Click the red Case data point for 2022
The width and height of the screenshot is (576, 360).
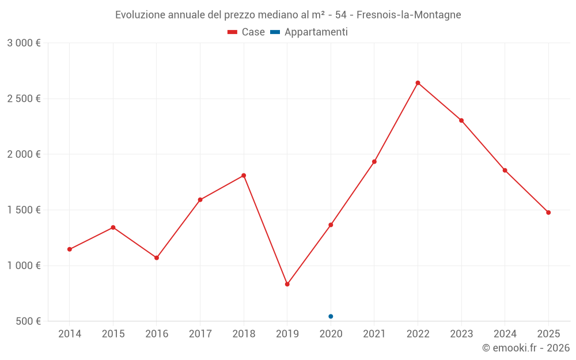pyautogui.click(x=418, y=83)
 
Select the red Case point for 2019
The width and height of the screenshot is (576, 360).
pyautogui.click(x=287, y=284)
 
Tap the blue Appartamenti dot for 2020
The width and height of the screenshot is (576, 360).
pyautogui.click(x=331, y=316)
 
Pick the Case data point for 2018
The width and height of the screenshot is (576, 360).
pyautogui.click(x=244, y=176)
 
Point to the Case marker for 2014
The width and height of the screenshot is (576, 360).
pyautogui.click(x=69, y=249)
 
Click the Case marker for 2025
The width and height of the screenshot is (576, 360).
pyautogui.click(x=548, y=213)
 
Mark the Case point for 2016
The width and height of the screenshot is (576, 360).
pyautogui.click(x=157, y=257)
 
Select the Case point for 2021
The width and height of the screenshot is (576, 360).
pyautogui.click(x=374, y=162)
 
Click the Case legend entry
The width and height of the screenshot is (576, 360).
pyautogui.click(x=247, y=32)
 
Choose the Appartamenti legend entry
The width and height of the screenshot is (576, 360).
pyautogui.click(x=309, y=32)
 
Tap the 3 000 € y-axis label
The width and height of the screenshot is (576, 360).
pyautogui.click(x=24, y=43)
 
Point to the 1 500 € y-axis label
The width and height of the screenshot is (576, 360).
pyautogui.click(x=24, y=210)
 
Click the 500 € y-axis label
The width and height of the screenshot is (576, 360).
pyautogui.click(x=28, y=321)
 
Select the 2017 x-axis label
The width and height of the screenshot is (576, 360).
pyautogui.click(x=200, y=334)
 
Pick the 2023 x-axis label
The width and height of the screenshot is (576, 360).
pyautogui.click(x=461, y=334)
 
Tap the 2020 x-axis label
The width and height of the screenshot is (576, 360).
pyautogui.click(x=331, y=334)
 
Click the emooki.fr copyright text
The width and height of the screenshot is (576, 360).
pyautogui.click(x=525, y=348)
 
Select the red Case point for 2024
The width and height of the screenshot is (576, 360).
pyautogui.click(x=505, y=170)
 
